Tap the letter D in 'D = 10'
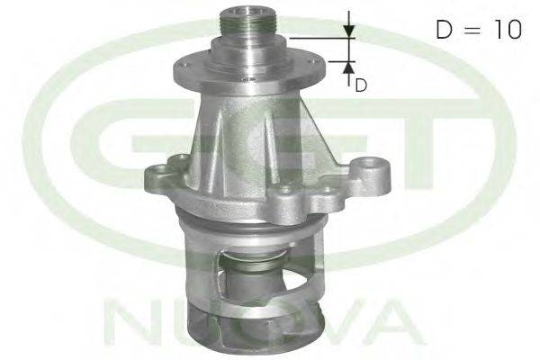tap(444, 30)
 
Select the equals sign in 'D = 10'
tap(472, 30)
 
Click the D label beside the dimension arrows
tap(361, 85)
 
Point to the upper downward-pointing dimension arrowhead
tap(349, 31)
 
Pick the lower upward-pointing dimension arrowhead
tap(349, 67)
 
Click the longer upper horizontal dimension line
tap(322, 38)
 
